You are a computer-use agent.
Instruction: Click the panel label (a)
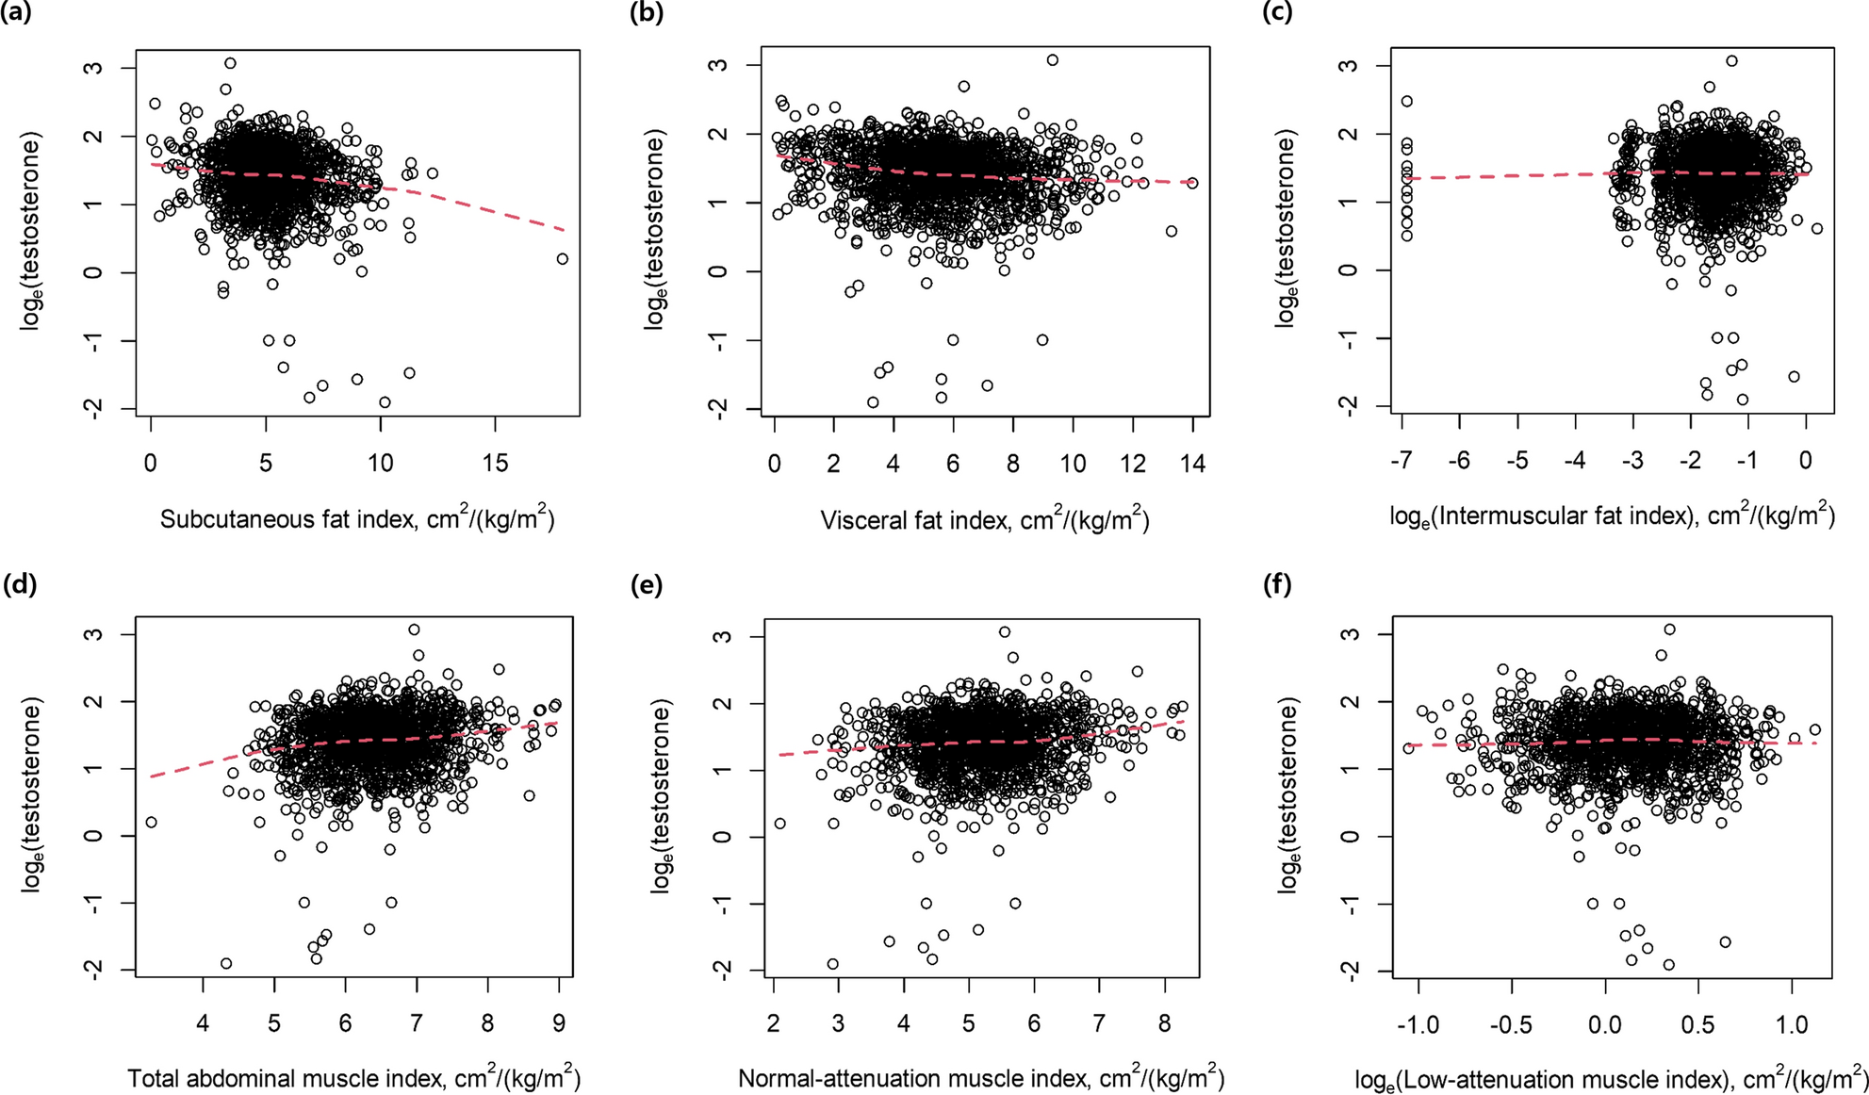click(x=17, y=14)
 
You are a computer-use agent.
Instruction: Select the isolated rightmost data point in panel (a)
click(x=563, y=259)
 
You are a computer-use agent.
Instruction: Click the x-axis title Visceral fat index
click(x=985, y=519)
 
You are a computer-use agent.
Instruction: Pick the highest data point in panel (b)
click(x=1053, y=60)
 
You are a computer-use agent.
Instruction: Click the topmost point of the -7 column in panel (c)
click(x=1406, y=101)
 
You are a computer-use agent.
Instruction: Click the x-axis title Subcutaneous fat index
click(x=357, y=519)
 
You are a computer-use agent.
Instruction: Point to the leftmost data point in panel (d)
click(x=151, y=823)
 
